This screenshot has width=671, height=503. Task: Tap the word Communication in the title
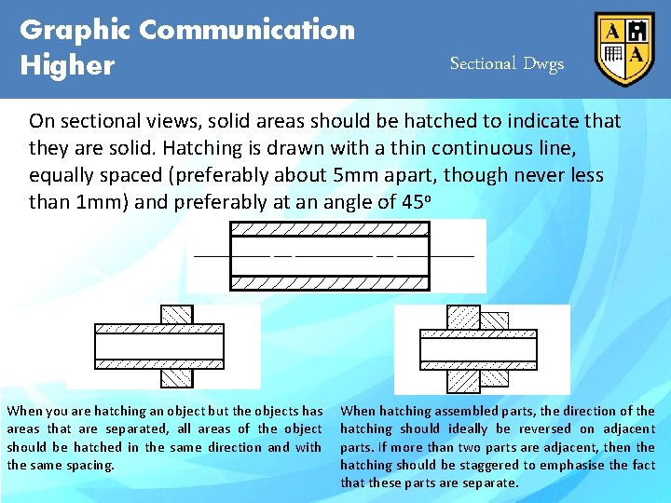click(247, 30)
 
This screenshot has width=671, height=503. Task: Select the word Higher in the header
click(67, 66)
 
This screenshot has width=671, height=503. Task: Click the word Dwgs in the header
click(543, 64)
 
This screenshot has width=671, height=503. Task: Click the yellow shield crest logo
click(624, 48)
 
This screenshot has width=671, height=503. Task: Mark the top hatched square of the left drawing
click(176, 314)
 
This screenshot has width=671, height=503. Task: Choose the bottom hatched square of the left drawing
click(176, 377)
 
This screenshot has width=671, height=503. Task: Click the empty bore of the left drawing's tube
click(158, 347)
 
